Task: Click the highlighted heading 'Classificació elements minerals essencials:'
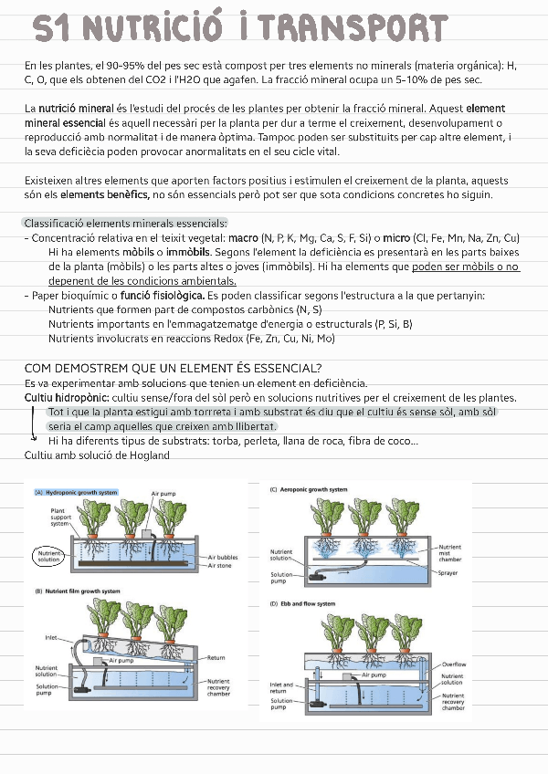[125, 224]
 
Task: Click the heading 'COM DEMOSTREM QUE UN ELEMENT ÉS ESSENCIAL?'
[173, 367]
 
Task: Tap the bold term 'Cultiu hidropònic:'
[67, 398]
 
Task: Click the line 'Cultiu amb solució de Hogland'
[97, 455]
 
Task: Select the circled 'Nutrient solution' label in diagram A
[49, 555]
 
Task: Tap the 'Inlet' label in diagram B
[51, 637]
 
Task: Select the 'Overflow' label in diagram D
[453, 664]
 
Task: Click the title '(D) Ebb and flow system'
[302, 603]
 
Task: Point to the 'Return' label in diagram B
[216, 657]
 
